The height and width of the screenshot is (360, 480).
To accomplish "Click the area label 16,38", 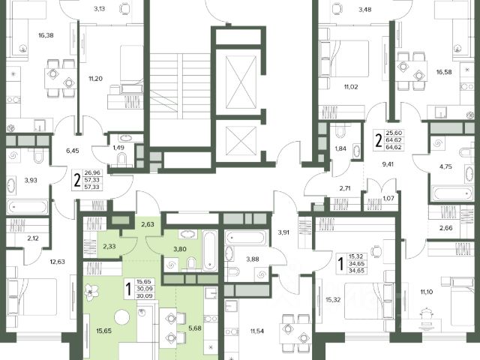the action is [46, 35].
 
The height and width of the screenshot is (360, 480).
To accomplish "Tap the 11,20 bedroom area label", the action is [95, 79].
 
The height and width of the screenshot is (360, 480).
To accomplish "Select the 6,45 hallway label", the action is [73, 151].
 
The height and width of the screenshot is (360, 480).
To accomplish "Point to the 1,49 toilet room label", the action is [118, 148].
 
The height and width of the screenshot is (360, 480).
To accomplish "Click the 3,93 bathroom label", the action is [31, 180].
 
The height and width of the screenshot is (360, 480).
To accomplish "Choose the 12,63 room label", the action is [58, 262].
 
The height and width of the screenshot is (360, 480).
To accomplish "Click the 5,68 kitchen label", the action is [195, 328].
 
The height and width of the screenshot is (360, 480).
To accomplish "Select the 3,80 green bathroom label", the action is [180, 249].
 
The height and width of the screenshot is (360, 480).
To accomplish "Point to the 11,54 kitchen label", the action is [256, 331].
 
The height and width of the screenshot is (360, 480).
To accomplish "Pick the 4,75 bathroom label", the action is [445, 166].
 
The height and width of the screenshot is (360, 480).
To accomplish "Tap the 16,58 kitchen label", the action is [444, 72].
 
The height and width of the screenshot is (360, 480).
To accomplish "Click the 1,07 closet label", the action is [388, 198].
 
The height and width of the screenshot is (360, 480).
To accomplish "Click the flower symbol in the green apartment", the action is [91, 292].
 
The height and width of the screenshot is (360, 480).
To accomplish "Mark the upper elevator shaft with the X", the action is [241, 81].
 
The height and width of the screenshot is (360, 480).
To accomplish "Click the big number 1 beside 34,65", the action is [340, 265].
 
